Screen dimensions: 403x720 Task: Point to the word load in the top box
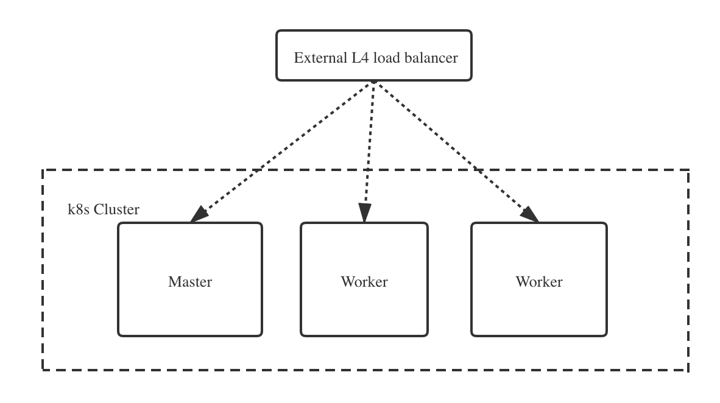(x=387, y=58)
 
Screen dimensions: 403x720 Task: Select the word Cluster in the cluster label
(x=117, y=210)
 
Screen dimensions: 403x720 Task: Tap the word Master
(x=190, y=282)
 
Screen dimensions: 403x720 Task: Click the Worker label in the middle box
(x=364, y=282)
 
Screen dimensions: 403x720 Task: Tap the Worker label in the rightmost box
(x=539, y=282)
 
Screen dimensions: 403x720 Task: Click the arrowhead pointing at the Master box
(x=199, y=214)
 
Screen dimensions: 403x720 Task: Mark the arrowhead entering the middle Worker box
(x=364, y=213)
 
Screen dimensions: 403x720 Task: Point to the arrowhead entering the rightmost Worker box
(x=530, y=214)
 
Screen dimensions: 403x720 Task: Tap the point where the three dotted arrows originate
(x=374, y=82)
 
